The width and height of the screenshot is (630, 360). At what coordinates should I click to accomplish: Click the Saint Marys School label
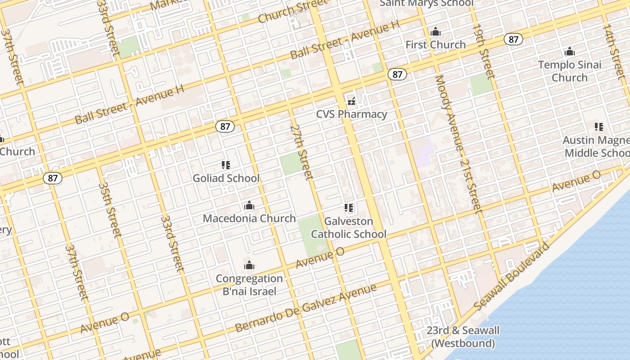pyautogui.click(x=427, y=4)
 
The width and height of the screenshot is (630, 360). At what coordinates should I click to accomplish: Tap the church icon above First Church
pyautogui.click(x=435, y=32)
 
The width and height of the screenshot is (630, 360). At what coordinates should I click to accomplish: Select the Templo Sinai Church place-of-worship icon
pyautogui.click(x=570, y=52)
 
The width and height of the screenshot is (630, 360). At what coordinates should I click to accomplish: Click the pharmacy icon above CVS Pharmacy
pyautogui.click(x=351, y=101)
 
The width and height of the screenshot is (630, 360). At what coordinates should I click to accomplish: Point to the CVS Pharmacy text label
pyautogui.click(x=351, y=114)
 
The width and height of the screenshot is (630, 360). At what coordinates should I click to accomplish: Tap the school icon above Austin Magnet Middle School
pyautogui.click(x=598, y=127)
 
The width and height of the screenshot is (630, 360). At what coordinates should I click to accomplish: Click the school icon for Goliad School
pyautogui.click(x=226, y=166)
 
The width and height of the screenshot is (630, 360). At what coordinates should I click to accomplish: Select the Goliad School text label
pyautogui.click(x=226, y=178)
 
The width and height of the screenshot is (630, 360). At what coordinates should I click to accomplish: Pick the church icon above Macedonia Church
pyautogui.click(x=249, y=206)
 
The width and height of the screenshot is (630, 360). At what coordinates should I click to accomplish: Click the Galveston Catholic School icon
pyautogui.click(x=349, y=208)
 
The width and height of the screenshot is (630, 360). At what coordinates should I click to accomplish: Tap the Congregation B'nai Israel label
pyautogui.click(x=249, y=285)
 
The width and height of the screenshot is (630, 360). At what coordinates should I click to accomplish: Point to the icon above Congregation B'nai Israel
pyautogui.click(x=249, y=265)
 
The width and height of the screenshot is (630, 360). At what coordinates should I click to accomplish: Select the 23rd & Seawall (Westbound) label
pyautogui.click(x=463, y=337)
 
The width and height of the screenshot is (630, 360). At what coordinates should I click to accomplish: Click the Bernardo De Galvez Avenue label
pyautogui.click(x=306, y=308)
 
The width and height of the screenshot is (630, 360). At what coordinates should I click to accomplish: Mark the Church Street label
pyautogui.click(x=293, y=11)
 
